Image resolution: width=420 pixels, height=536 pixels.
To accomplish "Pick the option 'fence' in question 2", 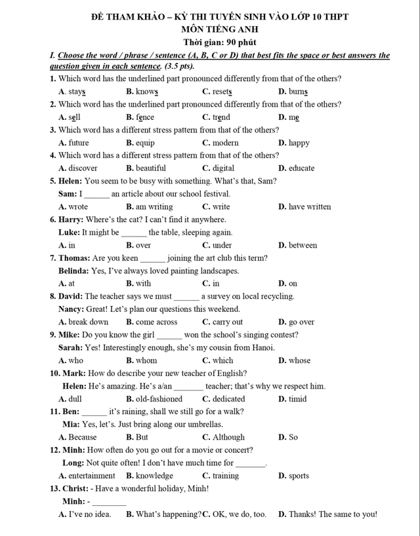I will (x=144, y=117).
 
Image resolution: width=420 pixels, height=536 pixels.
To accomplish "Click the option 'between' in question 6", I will (x=303, y=246).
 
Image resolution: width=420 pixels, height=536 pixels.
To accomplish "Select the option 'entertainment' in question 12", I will (x=91, y=476).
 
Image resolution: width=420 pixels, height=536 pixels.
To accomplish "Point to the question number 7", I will (x=52, y=258).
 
